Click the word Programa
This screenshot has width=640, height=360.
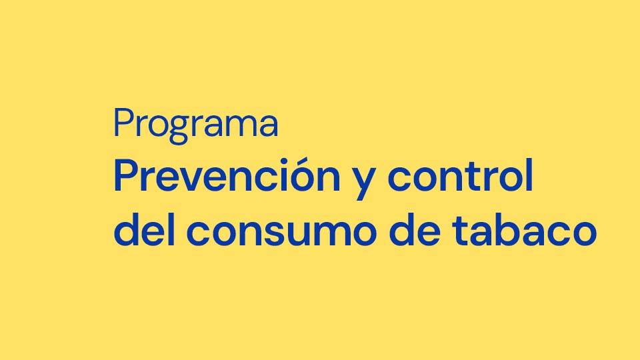point(196,125)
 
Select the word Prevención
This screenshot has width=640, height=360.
point(227,175)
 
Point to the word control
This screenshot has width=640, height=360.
point(460,175)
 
